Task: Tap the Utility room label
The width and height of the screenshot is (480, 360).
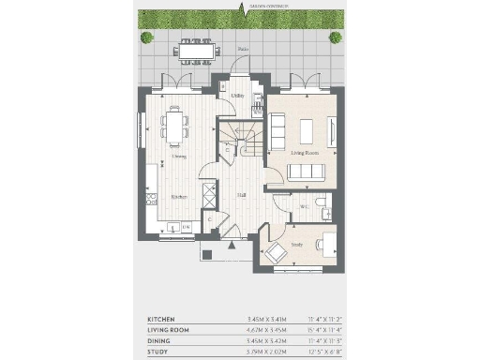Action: click(237, 95)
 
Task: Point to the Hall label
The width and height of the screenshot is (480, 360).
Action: click(241, 195)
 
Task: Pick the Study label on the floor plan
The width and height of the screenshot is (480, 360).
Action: click(296, 244)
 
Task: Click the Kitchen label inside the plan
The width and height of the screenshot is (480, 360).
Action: click(178, 197)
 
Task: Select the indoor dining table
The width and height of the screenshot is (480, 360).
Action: click(174, 125)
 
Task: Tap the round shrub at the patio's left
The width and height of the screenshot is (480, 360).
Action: click(147, 38)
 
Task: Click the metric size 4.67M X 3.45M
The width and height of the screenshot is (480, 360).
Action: click(251, 330)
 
